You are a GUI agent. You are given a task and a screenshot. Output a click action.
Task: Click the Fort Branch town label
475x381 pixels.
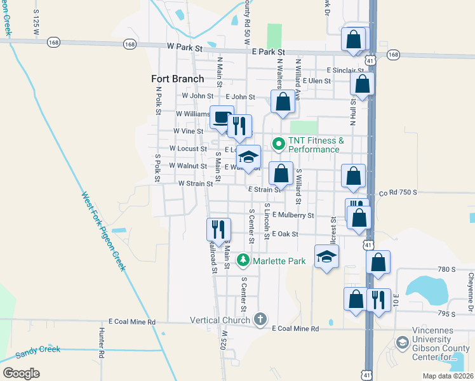point(178,79)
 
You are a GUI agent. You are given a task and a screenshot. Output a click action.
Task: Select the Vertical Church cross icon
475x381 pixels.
point(260,319)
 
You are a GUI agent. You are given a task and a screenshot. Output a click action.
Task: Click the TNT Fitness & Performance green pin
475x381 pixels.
point(278,145)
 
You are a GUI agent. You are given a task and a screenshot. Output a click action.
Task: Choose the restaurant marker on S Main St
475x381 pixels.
point(216,229)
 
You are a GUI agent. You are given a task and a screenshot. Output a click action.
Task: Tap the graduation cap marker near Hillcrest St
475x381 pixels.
point(326,257)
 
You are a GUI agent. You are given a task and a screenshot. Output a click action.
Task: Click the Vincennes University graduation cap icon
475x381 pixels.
point(402,344)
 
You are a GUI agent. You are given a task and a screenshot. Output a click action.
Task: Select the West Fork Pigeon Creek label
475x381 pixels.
point(101,231)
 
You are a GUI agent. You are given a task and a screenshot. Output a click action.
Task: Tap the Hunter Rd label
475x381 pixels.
point(101,341)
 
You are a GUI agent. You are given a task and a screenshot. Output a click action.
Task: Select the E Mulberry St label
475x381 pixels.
point(293,215)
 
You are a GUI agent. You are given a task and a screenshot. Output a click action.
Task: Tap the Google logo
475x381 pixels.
point(21,373)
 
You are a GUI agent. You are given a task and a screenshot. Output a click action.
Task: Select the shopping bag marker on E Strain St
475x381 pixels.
point(281,173)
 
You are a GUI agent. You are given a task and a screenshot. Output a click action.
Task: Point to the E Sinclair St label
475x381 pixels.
point(345,70)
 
